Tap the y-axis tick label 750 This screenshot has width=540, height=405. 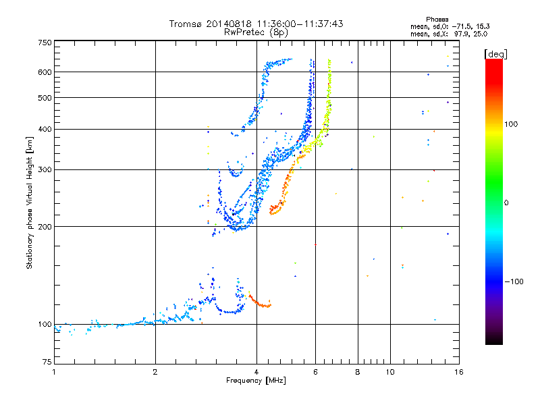45,42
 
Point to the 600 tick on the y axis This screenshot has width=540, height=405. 45,72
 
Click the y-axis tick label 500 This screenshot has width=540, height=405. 45,98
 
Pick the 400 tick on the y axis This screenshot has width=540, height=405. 45,130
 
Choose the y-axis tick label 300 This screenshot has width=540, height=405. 45,170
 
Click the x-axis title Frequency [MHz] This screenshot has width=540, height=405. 256,381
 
